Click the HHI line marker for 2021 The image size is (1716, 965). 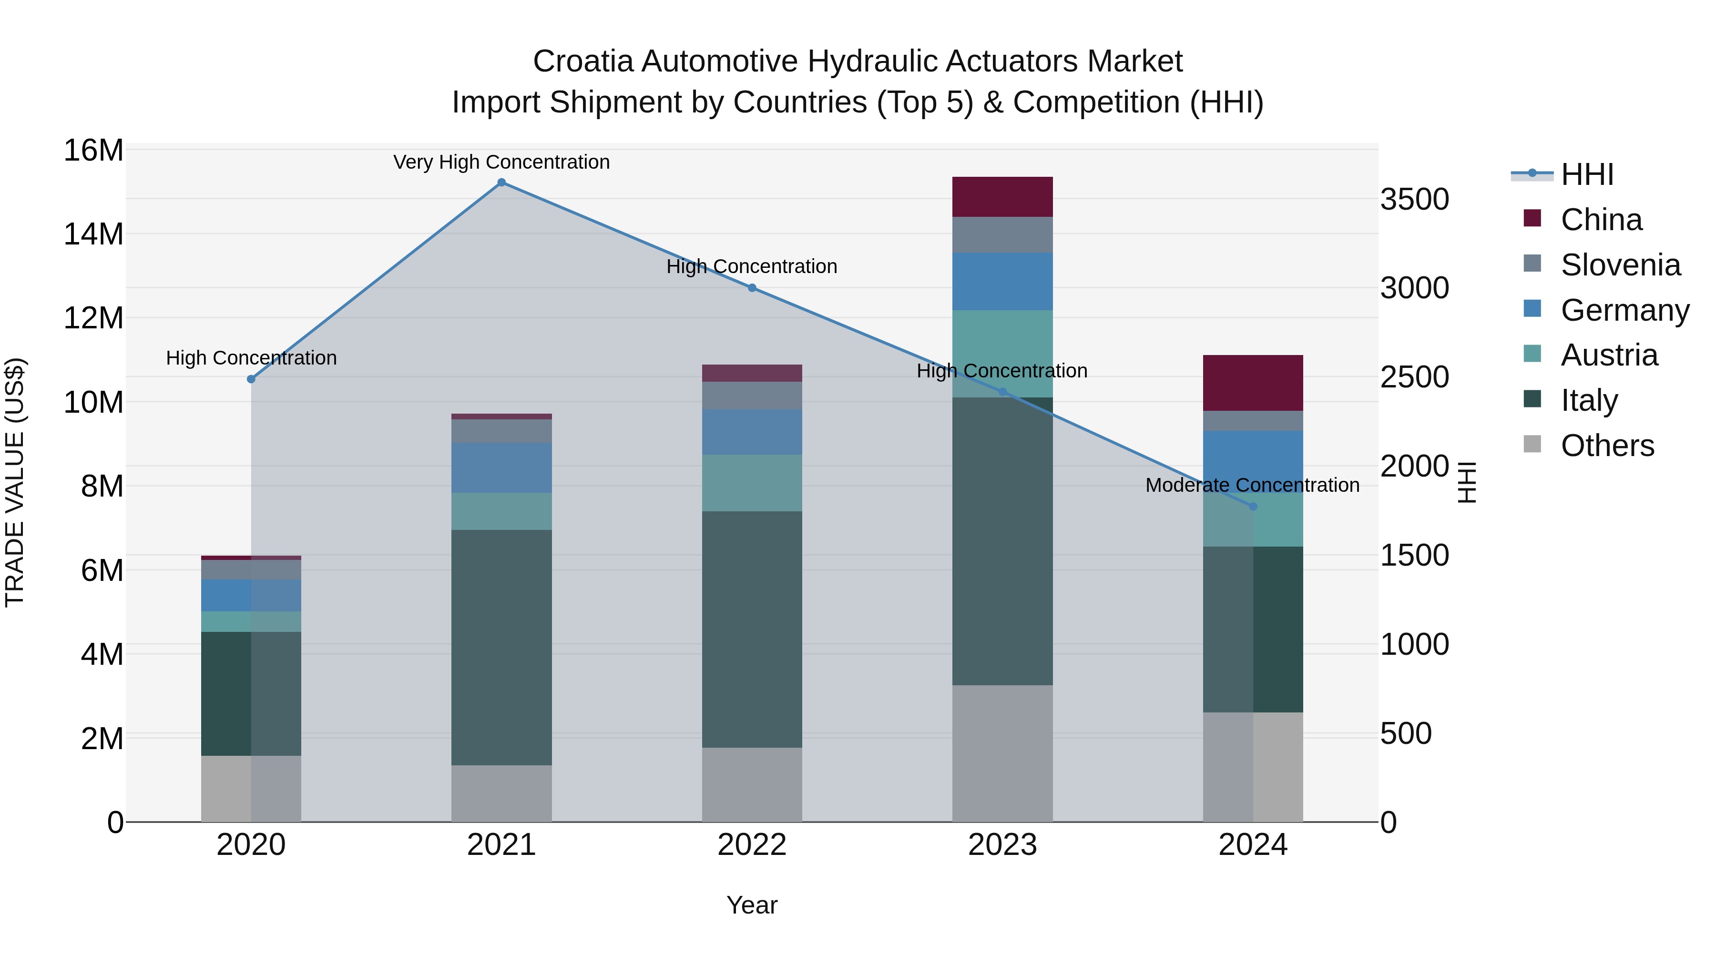pyautogui.click(x=501, y=183)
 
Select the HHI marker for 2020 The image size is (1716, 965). pyautogui.click(x=251, y=379)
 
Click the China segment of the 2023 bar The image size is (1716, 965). pyautogui.click(x=1002, y=197)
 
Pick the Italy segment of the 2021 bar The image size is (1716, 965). pyautogui.click(x=501, y=647)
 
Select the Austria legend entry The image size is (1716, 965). pyautogui.click(x=1608, y=355)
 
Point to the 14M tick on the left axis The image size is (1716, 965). pyautogui.click(x=93, y=234)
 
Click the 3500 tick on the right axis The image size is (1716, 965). pyautogui.click(x=1414, y=199)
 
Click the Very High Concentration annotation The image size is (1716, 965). pyautogui.click(x=501, y=162)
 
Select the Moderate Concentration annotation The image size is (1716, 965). pyautogui.click(x=1252, y=485)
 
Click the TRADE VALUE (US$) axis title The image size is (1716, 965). pyautogui.click(x=15, y=482)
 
